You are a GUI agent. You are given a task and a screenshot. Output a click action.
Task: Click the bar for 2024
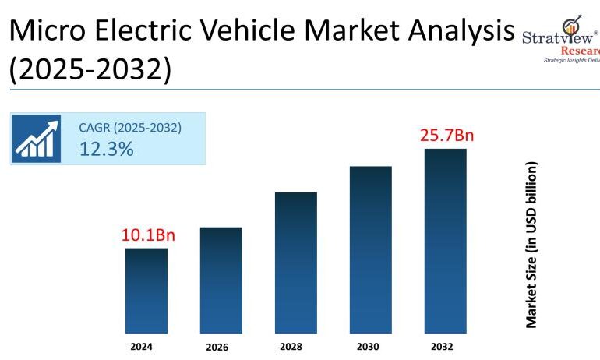pyautogui.click(x=146, y=291)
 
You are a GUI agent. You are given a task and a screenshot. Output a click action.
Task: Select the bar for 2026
pyautogui.click(x=221, y=281)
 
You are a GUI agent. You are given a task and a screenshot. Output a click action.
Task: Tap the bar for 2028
pyautogui.click(x=296, y=263)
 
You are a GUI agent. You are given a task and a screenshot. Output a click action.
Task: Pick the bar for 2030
pyautogui.click(x=371, y=249)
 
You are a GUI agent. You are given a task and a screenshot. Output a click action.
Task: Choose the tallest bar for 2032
pyautogui.click(x=446, y=241)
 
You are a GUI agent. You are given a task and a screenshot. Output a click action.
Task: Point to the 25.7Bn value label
pyautogui.click(x=446, y=136)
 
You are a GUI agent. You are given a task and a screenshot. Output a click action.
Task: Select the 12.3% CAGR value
pyautogui.click(x=106, y=149)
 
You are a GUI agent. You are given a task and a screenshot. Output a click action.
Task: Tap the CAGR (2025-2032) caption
pyautogui.click(x=130, y=128)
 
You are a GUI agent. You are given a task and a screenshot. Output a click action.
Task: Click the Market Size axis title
pyautogui.click(x=531, y=245)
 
